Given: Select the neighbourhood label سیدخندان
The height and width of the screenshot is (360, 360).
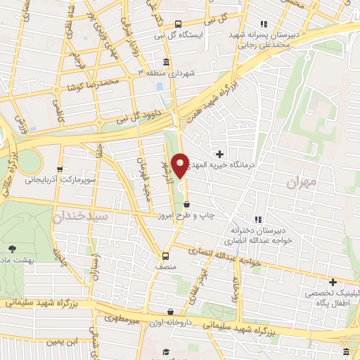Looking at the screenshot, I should (79, 217).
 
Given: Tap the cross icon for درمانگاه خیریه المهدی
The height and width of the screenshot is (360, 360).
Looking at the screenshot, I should (220, 154).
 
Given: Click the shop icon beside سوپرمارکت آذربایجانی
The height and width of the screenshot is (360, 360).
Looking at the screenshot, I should (60, 169).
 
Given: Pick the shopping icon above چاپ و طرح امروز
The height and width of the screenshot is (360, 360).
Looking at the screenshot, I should (186, 204).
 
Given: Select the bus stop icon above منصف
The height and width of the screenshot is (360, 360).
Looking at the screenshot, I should (165, 256).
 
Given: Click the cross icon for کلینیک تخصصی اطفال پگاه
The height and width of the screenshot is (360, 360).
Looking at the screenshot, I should (333, 281).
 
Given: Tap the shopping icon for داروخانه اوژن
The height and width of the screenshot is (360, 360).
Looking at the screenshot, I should (170, 311).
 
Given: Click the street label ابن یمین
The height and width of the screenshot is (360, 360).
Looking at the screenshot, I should (62, 342).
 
